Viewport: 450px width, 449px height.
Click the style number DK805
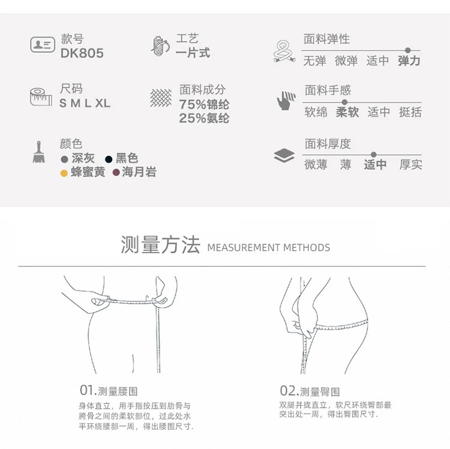tap(82, 53)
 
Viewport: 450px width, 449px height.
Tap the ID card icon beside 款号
tap(43, 44)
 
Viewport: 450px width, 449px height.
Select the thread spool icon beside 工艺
tap(160, 46)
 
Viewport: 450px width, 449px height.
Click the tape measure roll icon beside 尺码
tap(41, 97)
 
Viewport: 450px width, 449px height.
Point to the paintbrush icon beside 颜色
tap(39, 152)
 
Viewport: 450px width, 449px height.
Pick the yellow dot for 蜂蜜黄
tap(64, 173)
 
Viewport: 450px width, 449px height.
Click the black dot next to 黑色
tap(109, 159)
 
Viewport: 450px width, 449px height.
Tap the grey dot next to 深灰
tap(64, 159)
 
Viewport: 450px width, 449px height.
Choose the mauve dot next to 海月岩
tap(116, 172)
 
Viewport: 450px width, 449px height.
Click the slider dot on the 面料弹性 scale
tap(408, 50)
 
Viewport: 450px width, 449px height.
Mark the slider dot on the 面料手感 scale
tap(344, 102)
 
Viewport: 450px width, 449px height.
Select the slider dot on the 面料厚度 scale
tap(373, 155)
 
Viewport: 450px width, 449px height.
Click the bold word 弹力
tap(409, 61)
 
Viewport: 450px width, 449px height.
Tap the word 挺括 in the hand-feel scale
tap(410, 112)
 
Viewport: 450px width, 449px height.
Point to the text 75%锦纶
tap(204, 104)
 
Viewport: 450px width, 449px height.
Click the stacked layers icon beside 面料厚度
tap(284, 155)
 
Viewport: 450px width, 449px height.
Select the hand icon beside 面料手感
tap(286, 100)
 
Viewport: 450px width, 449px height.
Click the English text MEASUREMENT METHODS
tap(269, 247)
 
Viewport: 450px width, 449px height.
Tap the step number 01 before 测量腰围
tap(87, 390)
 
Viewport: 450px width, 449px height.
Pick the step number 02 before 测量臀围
tap(287, 391)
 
